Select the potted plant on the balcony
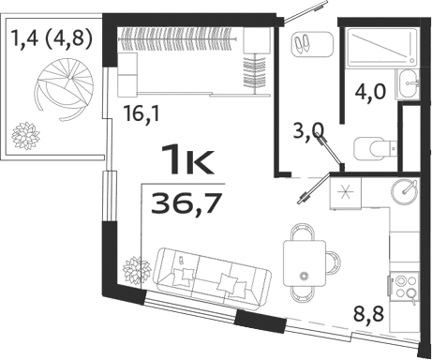[24, 135]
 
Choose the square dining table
[305, 258]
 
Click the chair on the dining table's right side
[333, 259]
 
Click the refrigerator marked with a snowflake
[342, 195]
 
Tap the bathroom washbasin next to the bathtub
[410, 83]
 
